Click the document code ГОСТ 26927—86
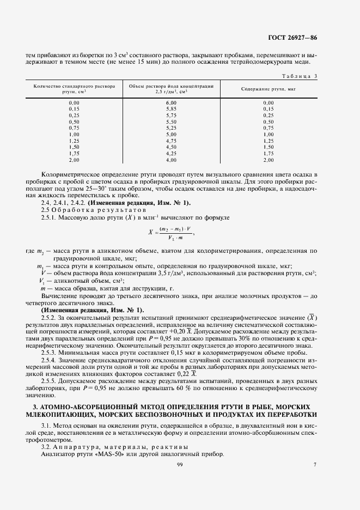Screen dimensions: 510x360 (298, 38)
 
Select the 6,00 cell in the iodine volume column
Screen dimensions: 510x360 (171, 103)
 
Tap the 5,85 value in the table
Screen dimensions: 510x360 (171, 109)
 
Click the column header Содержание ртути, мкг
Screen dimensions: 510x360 (268, 89)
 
